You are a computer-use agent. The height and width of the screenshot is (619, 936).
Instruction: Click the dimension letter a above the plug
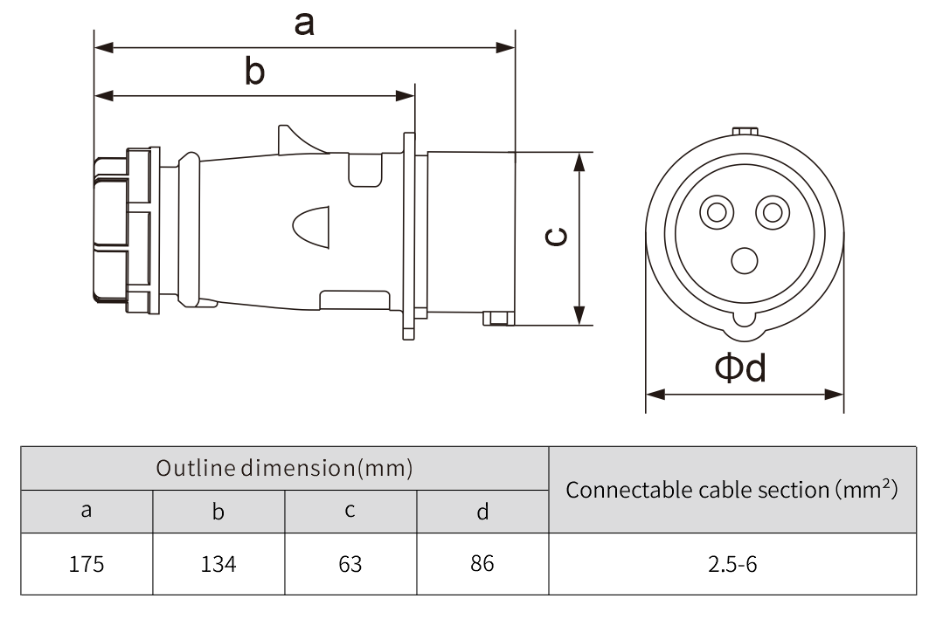click(x=303, y=24)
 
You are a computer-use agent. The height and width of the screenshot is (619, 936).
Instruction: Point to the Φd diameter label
click(x=740, y=369)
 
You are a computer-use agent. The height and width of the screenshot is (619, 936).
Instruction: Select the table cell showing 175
click(x=87, y=564)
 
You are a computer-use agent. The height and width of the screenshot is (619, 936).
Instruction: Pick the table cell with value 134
click(x=218, y=564)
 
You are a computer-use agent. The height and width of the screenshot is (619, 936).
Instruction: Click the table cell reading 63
click(x=350, y=564)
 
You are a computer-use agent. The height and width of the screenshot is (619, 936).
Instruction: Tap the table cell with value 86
click(x=482, y=564)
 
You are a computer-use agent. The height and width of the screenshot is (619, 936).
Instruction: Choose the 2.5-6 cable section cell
click(x=732, y=564)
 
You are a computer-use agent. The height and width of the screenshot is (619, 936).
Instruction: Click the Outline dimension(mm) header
click(x=284, y=468)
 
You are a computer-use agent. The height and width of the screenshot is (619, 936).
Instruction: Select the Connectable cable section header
click(x=732, y=489)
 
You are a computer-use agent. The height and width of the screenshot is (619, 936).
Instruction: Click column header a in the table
click(x=87, y=512)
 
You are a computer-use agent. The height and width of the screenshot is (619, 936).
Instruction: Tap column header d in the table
click(x=482, y=512)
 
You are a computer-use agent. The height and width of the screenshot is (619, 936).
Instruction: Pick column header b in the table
click(x=218, y=512)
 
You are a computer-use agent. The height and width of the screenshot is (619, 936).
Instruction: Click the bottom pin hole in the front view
click(x=745, y=259)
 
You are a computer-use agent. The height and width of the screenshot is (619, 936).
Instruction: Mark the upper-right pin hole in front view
click(x=771, y=212)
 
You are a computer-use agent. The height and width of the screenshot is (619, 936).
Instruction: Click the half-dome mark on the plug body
click(x=311, y=229)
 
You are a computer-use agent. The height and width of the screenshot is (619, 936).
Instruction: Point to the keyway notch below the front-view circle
click(x=745, y=322)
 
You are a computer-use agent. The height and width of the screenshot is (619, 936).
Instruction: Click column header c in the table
click(x=350, y=512)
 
